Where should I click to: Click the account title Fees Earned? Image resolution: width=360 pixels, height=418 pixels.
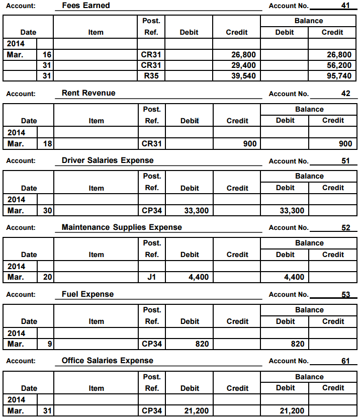[x=85, y=6]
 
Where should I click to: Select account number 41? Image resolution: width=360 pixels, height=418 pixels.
[x=345, y=6]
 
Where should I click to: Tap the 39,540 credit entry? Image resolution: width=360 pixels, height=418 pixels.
[x=243, y=76]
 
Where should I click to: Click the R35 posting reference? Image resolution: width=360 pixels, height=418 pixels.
[x=151, y=76]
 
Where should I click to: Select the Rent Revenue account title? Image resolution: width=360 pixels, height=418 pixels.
[x=88, y=93]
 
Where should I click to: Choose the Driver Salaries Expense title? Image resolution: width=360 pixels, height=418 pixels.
[x=108, y=160]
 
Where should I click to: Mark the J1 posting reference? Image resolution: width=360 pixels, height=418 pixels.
[x=151, y=277]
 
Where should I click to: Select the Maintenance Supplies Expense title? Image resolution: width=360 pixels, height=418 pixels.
[x=122, y=227]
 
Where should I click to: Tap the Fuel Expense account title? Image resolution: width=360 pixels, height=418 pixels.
[x=87, y=294]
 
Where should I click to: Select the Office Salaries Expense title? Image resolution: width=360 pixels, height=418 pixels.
[x=108, y=361]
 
